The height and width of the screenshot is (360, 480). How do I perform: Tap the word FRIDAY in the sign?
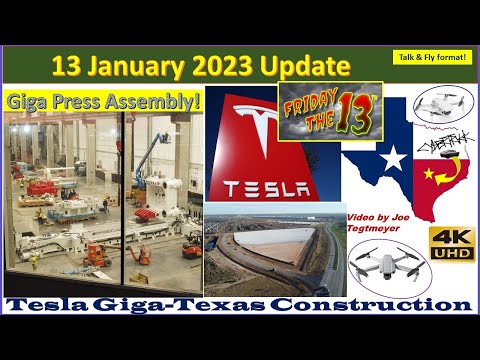click(306, 99)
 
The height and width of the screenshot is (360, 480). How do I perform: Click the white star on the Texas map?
click(393, 158)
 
